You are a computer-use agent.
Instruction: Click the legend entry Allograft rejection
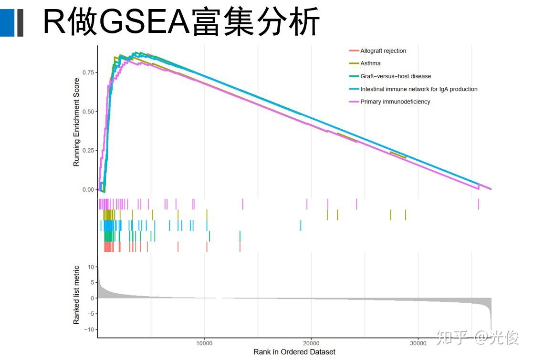[383, 51]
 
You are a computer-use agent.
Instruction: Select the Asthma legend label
[370, 63]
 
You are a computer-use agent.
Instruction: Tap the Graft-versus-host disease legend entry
[396, 76]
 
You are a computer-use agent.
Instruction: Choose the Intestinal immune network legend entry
[418, 89]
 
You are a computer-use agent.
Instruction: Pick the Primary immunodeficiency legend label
[395, 102]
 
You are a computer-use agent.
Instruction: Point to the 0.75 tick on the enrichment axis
[88, 72]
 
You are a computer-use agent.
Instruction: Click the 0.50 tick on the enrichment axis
[88, 112]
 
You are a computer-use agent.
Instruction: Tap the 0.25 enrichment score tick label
[88, 151]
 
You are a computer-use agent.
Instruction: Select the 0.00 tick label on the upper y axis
[88, 190]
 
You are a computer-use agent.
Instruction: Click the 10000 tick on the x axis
[204, 343]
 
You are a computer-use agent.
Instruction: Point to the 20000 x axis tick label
[311, 343]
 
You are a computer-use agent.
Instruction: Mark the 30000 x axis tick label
[418, 343]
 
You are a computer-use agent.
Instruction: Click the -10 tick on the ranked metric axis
[90, 329]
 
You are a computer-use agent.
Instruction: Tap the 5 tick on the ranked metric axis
[92, 283]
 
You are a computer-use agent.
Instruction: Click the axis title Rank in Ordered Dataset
[294, 352]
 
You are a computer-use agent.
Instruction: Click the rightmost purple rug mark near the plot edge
[479, 204]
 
